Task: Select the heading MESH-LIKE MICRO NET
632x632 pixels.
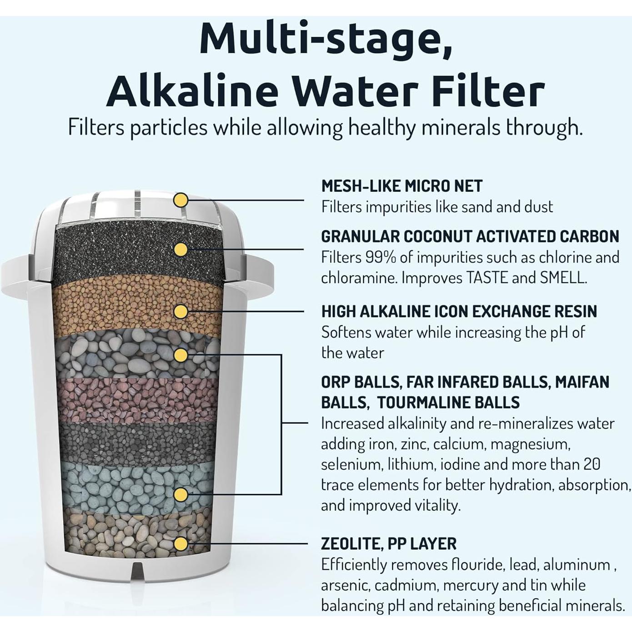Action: point(401,186)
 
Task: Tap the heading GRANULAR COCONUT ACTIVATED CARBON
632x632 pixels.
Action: point(470,236)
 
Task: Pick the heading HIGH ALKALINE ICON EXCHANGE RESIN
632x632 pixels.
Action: point(459,311)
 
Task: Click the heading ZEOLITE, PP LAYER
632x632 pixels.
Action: point(388,544)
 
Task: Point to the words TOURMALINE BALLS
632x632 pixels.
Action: point(448,402)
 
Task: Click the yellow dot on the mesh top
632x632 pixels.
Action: point(181,200)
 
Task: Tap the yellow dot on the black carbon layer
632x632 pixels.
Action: point(181,249)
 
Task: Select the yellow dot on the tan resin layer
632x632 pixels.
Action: point(181,311)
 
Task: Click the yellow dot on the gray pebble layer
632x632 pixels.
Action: point(181,355)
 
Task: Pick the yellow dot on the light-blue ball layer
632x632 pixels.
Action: point(181,494)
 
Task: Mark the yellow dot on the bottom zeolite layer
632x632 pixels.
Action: point(181,544)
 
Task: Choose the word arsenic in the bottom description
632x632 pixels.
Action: point(346,585)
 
